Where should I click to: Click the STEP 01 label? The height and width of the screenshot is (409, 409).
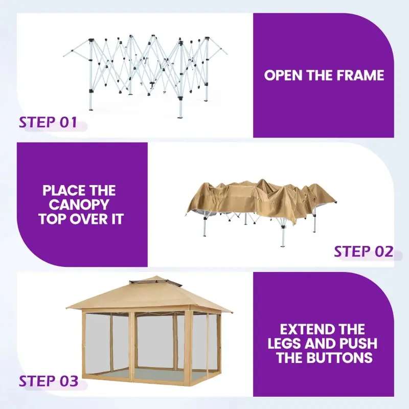(48, 122)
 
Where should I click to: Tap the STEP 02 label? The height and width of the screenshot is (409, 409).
(363, 252)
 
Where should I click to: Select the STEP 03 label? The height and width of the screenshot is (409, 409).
(49, 381)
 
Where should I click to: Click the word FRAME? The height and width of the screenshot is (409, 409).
(360, 75)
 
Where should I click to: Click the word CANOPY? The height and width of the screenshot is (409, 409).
(79, 204)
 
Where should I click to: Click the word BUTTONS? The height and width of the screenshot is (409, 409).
(339, 357)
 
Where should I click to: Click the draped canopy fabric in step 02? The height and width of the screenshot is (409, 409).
(261, 201)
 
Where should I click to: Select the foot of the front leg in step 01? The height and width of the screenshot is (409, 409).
(180, 116)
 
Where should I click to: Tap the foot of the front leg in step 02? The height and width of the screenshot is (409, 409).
(283, 245)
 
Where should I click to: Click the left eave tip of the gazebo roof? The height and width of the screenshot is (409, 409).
(66, 307)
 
